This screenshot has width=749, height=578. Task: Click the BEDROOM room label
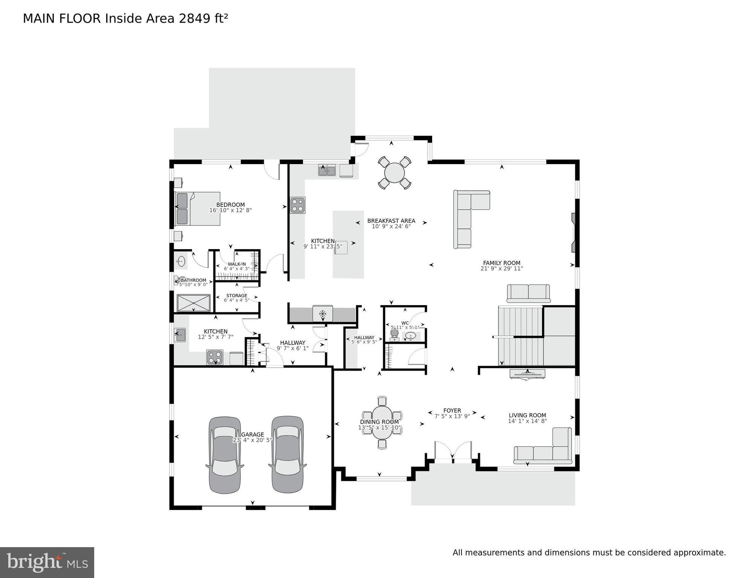pyautogui.click(x=230, y=205)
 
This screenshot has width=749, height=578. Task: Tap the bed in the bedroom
pyautogui.click(x=198, y=209)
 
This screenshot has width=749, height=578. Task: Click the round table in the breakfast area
pyautogui.click(x=394, y=173)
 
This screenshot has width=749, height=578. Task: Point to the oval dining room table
pyautogui.click(x=382, y=422)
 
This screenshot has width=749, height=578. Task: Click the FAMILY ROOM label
pyautogui.click(x=501, y=263)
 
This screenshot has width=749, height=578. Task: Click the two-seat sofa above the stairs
pyautogui.click(x=528, y=293)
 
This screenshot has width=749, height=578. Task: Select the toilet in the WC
pyautogui.click(x=394, y=335)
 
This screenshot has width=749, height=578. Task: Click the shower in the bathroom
pyautogui.click(x=194, y=303)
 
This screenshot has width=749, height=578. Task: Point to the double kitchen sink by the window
pyautogui.click(x=327, y=170)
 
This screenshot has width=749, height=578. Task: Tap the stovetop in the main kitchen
pyautogui.click(x=297, y=205)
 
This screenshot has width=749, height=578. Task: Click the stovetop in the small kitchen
pyautogui.click(x=215, y=357)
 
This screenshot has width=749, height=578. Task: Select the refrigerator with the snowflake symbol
pyautogui.click(x=323, y=313)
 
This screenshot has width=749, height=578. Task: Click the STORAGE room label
pyautogui.click(x=237, y=296)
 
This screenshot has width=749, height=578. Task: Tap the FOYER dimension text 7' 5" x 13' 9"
pyautogui.click(x=452, y=416)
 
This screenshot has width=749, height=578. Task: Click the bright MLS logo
pyautogui.click(x=47, y=562)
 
